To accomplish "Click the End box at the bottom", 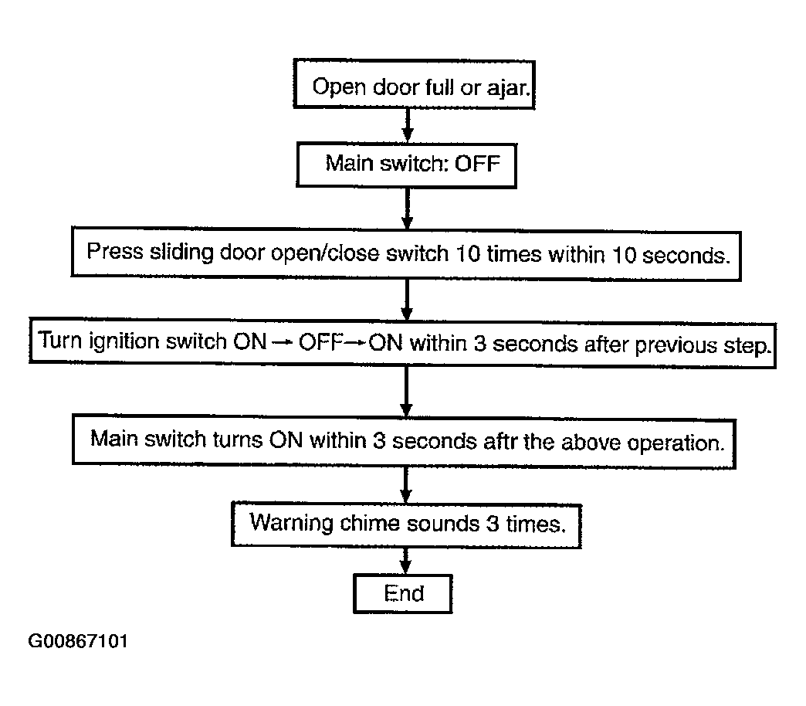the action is pos(403,593).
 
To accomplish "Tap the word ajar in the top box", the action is pos(508,89).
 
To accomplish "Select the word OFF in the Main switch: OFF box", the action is pos(477,164).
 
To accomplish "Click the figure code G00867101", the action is pos(78,641).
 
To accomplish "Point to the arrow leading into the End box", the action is pos(405,561).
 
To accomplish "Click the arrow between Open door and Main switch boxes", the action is pos(408,125).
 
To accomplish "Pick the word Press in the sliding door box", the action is pos(114,252).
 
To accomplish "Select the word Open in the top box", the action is pos(339,87).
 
